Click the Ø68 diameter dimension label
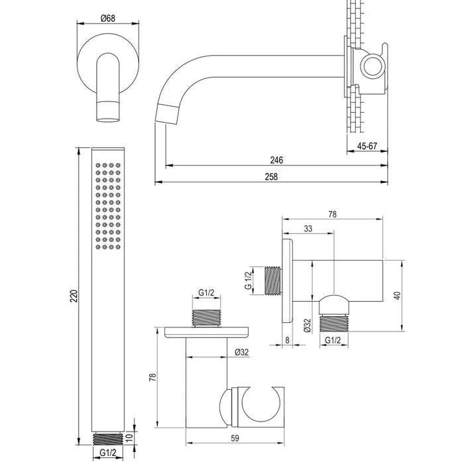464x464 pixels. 107,19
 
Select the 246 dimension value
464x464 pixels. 276,160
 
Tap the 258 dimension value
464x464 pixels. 271,177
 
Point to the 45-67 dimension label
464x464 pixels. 367,146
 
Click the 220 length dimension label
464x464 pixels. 74,296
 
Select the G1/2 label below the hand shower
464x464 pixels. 107,453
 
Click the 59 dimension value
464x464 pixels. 235,438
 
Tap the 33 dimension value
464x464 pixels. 308,229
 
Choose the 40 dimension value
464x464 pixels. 397,296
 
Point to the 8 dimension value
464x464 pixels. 287,340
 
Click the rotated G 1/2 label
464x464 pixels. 248,280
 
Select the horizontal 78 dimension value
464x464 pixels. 332,214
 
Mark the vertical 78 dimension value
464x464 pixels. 152,377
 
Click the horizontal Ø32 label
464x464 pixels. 242,352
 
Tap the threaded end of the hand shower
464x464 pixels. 107,439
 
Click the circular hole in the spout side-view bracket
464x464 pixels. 372,66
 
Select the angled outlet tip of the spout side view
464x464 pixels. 167,114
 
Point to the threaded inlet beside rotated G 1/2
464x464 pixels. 272,280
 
